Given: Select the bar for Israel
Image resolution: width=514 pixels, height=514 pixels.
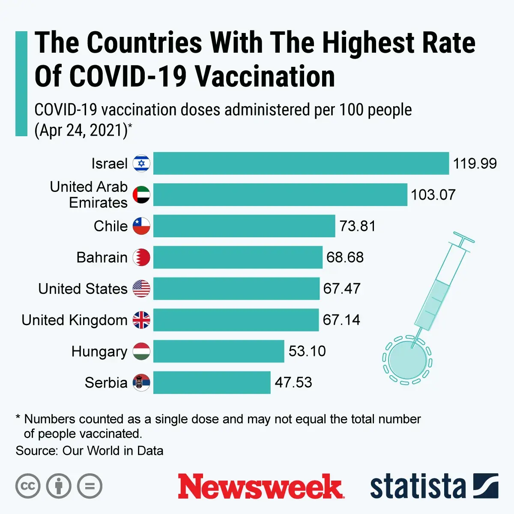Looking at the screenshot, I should pyautogui.click(x=301, y=163).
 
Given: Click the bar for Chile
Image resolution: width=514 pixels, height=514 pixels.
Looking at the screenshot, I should pyautogui.click(x=244, y=226).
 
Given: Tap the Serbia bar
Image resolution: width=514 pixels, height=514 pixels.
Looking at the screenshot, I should pyautogui.click(x=212, y=383).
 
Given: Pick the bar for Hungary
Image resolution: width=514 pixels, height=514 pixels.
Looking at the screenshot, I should pyautogui.click(x=218, y=351).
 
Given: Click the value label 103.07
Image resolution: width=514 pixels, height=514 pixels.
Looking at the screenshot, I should pyautogui.click(x=433, y=195).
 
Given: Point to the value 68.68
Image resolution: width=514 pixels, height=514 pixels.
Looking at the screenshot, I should pyautogui.click(x=345, y=257).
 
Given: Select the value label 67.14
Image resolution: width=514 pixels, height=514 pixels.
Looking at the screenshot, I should pyautogui.click(x=341, y=320).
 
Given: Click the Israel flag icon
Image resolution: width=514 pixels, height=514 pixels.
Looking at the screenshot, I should pyautogui.click(x=141, y=163).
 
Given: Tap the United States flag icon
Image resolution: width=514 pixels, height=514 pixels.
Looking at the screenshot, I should pyautogui.click(x=141, y=289).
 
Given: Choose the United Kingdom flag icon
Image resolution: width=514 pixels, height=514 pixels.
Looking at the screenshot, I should pyautogui.click(x=141, y=320).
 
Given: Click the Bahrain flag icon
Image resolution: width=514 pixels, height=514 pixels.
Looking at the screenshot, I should pyautogui.click(x=141, y=257).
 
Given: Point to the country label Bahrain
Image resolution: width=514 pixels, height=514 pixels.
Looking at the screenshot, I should pyautogui.click(x=102, y=257).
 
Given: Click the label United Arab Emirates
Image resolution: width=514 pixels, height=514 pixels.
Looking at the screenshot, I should pyautogui.click(x=89, y=194).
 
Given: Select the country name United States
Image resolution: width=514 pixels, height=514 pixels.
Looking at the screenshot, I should pyautogui.click(x=83, y=289).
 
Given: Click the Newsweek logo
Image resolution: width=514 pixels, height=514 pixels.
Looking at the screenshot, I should pyautogui.click(x=260, y=486).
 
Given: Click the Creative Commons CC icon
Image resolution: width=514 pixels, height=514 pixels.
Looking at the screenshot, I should pyautogui.click(x=28, y=486).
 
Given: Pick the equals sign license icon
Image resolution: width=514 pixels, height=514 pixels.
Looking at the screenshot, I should pyautogui.click(x=90, y=486).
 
